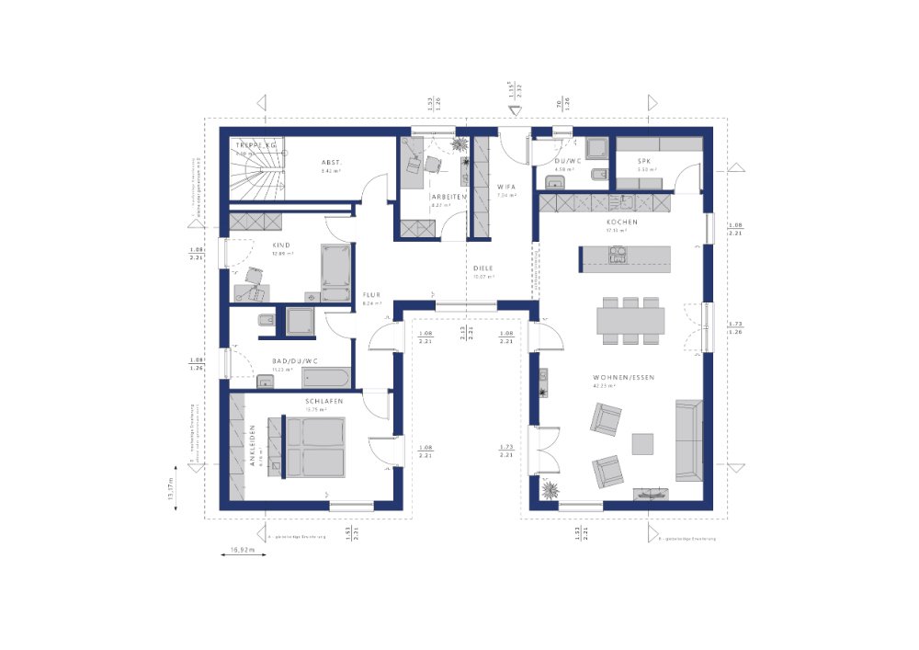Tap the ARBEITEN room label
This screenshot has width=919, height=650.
[x=449, y=197]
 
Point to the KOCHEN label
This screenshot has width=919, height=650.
[x=621, y=222]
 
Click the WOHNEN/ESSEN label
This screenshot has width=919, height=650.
[x=623, y=378]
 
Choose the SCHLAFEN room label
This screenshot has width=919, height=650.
[x=324, y=402]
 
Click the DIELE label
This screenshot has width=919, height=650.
[x=483, y=268]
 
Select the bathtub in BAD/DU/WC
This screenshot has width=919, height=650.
[x=325, y=377]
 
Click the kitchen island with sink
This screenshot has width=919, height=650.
[x=625, y=258]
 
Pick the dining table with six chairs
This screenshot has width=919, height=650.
[x=630, y=320]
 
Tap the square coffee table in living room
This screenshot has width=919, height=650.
[x=641, y=443]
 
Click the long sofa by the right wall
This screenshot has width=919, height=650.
[x=688, y=439]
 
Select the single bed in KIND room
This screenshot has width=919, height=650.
[x=332, y=273]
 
